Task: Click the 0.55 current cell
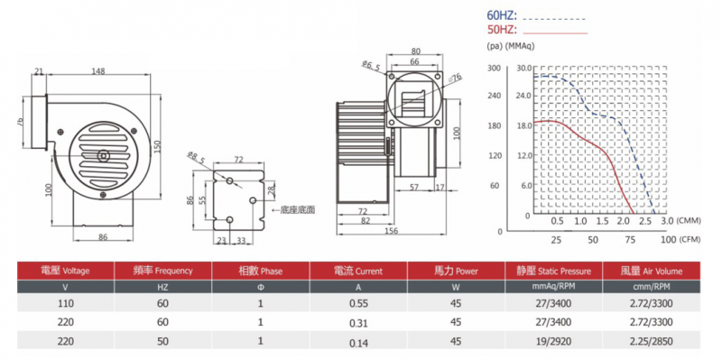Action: (x=358, y=303)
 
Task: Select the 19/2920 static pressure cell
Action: (x=553, y=342)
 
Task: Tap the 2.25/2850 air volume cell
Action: (x=651, y=342)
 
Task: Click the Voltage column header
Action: (x=65, y=271)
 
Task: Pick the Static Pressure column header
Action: (x=553, y=271)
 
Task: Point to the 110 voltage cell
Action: (x=65, y=303)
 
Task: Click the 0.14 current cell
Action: (x=358, y=343)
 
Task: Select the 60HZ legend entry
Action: (x=536, y=16)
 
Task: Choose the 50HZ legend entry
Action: (x=537, y=30)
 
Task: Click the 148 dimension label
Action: (x=98, y=71)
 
